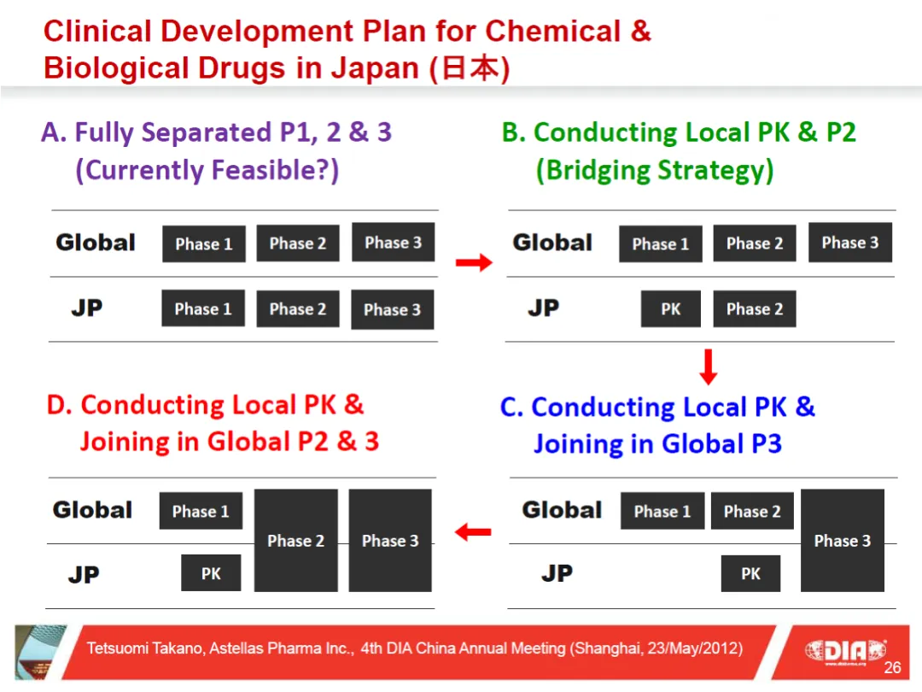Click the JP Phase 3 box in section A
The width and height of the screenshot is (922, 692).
point(392,309)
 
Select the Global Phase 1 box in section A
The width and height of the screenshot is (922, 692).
point(204,243)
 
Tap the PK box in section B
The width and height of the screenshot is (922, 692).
point(670,309)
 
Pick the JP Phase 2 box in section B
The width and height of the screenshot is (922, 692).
point(755,309)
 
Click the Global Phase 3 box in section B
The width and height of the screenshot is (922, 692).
point(849,243)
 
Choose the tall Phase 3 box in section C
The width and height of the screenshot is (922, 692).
point(842,540)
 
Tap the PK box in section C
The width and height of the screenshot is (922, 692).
point(750,573)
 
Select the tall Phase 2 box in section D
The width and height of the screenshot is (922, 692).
point(295,540)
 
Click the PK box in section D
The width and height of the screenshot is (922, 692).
point(211,572)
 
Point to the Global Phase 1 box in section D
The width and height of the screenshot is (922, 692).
point(201,511)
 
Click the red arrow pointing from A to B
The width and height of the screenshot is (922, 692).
point(474,262)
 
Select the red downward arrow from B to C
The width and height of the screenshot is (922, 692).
point(709,367)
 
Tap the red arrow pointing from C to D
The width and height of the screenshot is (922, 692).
point(473,532)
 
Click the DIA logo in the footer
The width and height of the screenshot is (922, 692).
point(845,651)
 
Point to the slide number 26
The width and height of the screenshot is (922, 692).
point(892,667)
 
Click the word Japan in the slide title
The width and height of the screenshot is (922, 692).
point(375,67)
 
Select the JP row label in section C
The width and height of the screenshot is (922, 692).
point(557,572)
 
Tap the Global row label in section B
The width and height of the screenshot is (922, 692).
point(552,243)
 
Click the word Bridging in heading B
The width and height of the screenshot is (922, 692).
point(598,171)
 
